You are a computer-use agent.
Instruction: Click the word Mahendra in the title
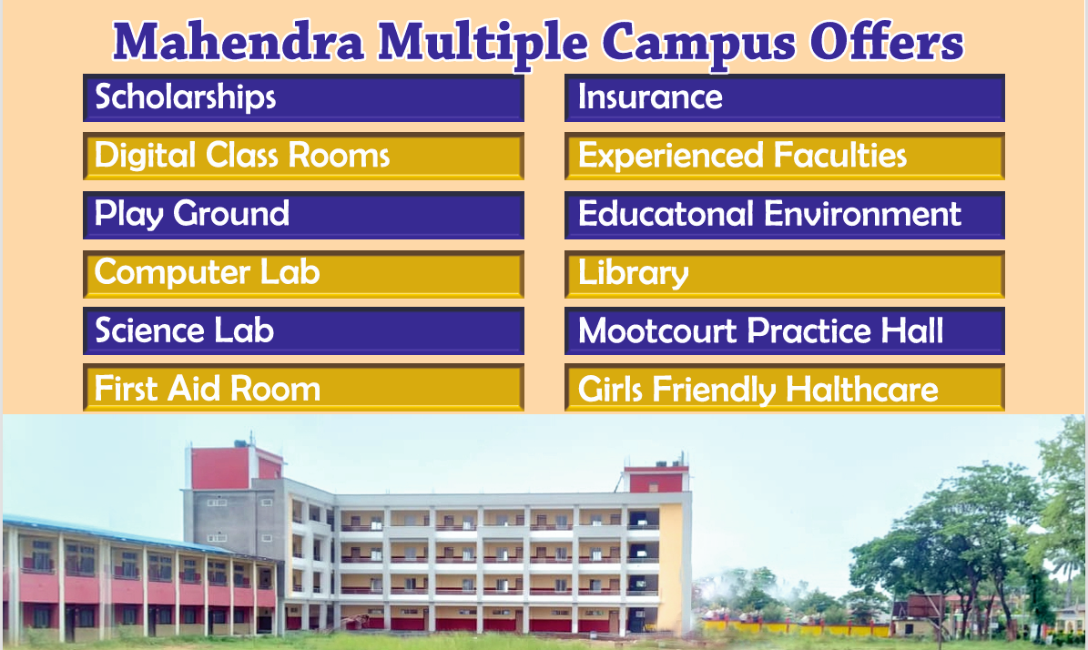(238, 42)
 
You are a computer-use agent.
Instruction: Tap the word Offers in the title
(887, 42)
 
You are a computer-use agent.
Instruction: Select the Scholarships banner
(303, 97)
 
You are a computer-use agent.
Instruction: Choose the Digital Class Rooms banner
(303, 156)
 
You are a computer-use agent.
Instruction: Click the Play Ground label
(191, 214)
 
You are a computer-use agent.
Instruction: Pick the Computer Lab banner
(303, 274)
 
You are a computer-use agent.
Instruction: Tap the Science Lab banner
(303, 330)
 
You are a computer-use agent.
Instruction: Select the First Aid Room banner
(303, 388)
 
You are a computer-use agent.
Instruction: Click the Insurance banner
(785, 97)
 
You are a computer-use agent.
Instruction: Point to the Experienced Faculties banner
(785, 156)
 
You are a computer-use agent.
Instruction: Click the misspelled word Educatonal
(666, 214)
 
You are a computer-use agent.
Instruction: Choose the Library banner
(785, 274)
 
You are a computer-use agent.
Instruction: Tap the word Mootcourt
(657, 330)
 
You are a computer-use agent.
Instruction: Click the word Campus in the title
(698, 43)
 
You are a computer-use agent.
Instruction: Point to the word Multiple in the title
(483, 43)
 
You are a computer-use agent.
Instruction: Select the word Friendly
(714, 390)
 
